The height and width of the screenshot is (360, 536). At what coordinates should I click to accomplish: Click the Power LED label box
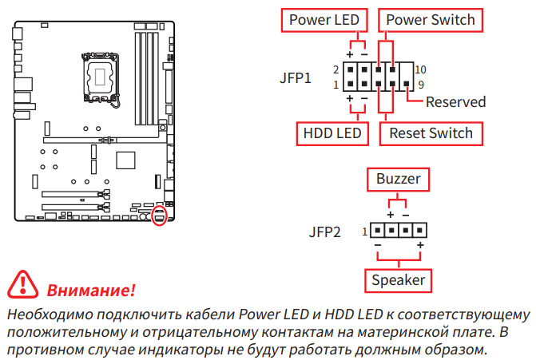tap(324, 20)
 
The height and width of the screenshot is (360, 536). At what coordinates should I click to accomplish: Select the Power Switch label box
tap(431, 20)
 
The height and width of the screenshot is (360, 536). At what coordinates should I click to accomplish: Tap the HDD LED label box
tap(332, 133)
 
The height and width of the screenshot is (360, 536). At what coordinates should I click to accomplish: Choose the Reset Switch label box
tap(431, 133)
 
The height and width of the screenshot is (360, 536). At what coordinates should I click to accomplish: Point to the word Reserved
tap(455, 102)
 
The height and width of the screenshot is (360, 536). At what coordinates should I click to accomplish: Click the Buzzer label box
tap(398, 179)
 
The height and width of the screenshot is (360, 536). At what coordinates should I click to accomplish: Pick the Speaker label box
tap(398, 280)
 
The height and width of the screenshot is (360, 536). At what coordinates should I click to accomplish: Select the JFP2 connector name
tap(325, 232)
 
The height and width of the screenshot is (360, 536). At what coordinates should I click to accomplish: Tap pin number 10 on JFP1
tap(421, 69)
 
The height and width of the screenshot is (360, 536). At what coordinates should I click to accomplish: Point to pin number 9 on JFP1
tap(419, 84)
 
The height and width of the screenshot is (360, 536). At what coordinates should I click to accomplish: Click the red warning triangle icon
tap(22, 285)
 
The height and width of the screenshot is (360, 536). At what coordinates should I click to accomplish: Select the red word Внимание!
tap(91, 288)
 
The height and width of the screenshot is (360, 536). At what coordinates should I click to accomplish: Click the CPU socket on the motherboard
tap(101, 74)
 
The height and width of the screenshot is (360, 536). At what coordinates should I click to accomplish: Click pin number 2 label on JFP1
tap(337, 70)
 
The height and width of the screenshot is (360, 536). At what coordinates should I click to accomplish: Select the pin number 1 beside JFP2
tap(364, 232)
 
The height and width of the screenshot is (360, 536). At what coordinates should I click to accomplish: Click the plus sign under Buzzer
tap(391, 215)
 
